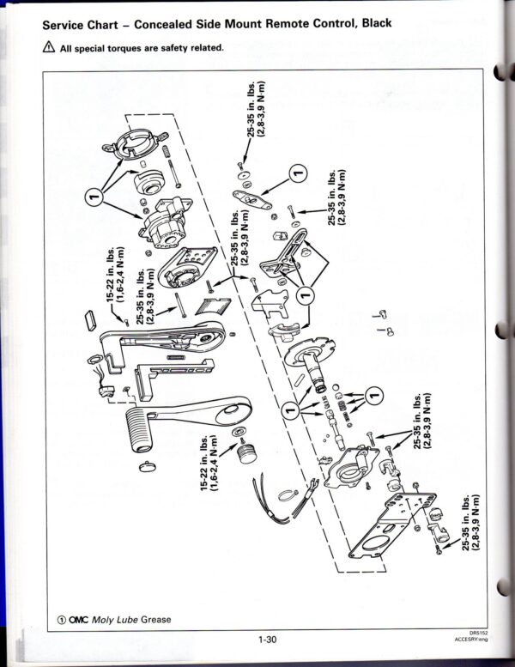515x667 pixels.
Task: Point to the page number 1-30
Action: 266,639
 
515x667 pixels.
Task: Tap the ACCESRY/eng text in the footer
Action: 474,640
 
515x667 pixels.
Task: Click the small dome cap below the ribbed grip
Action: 147,464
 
